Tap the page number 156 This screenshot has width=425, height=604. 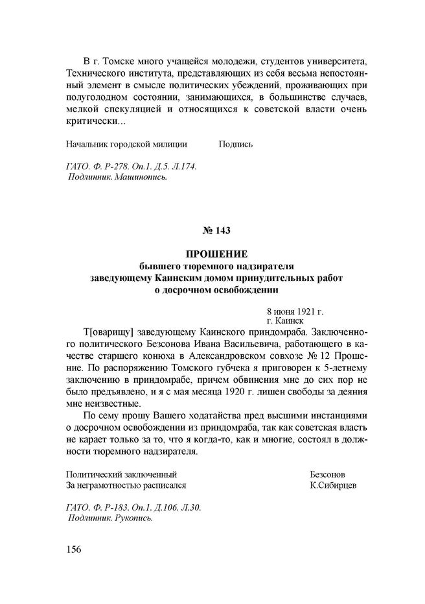coord(73,550)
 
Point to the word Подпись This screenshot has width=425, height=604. coord(236,143)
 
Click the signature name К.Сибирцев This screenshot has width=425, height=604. coord(333,484)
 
